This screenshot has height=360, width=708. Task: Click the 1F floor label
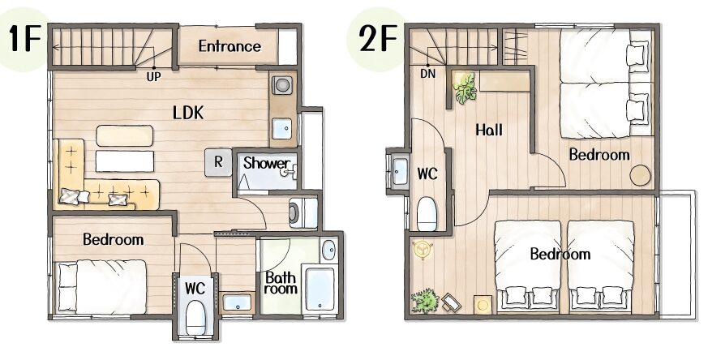pyautogui.click(x=24, y=39)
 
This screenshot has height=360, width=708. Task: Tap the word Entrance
pyautogui.click(x=230, y=46)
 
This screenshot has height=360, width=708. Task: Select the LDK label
pyautogui.click(x=188, y=113)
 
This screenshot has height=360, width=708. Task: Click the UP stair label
pyautogui.click(x=153, y=77)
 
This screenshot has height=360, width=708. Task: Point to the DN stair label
pyautogui.click(x=428, y=73)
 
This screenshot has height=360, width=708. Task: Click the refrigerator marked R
pyautogui.click(x=218, y=162)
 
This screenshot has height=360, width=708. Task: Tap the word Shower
pyautogui.click(x=266, y=163)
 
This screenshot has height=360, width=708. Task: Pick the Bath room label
pyautogui.click(x=280, y=283)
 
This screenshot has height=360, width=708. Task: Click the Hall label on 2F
pyautogui.click(x=488, y=130)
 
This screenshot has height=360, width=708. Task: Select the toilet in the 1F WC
pyautogui.click(x=195, y=317)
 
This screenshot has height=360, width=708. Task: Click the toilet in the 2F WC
pyautogui.click(x=427, y=214)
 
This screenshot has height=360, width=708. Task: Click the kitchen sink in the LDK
pyautogui.click(x=281, y=129)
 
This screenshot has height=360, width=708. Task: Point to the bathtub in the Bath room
pyautogui.click(x=320, y=289)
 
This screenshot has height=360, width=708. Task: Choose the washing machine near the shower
pyautogui.click(x=303, y=212)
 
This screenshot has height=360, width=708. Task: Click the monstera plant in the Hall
pyautogui.click(x=465, y=88)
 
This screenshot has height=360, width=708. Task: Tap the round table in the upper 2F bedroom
pyautogui.click(x=640, y=175)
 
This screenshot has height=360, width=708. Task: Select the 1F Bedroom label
pyautogui.click(x=114, y=239)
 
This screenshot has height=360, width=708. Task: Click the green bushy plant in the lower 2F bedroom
pyautogui.click(x=425, y=301)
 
